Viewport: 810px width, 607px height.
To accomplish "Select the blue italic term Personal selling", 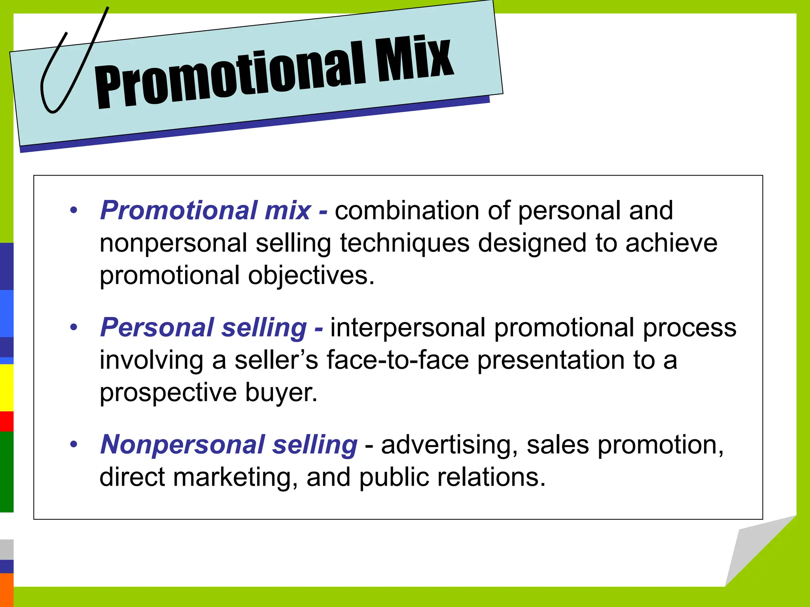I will [x=203, y=328].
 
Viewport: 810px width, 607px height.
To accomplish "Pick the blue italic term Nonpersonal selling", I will [x=229, y=445].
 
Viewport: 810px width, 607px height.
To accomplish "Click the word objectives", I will [x=311, y=275].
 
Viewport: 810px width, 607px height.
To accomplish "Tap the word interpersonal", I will [x=408, y=328].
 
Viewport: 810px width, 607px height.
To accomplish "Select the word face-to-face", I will [x=397, y=360].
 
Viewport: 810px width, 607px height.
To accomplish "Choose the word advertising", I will [x=449, y=445].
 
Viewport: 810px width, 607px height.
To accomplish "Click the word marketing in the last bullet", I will [x=235, y=477].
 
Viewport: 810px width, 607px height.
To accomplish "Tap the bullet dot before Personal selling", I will [x=74, y=328].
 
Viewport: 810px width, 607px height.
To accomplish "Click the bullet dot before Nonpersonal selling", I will [x=74, y=445].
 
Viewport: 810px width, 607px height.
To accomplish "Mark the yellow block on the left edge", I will [x=6, y=387].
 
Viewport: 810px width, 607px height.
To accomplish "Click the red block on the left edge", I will [x=6, y=421].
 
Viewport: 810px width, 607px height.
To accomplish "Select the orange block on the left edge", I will [x=6, y=590].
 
